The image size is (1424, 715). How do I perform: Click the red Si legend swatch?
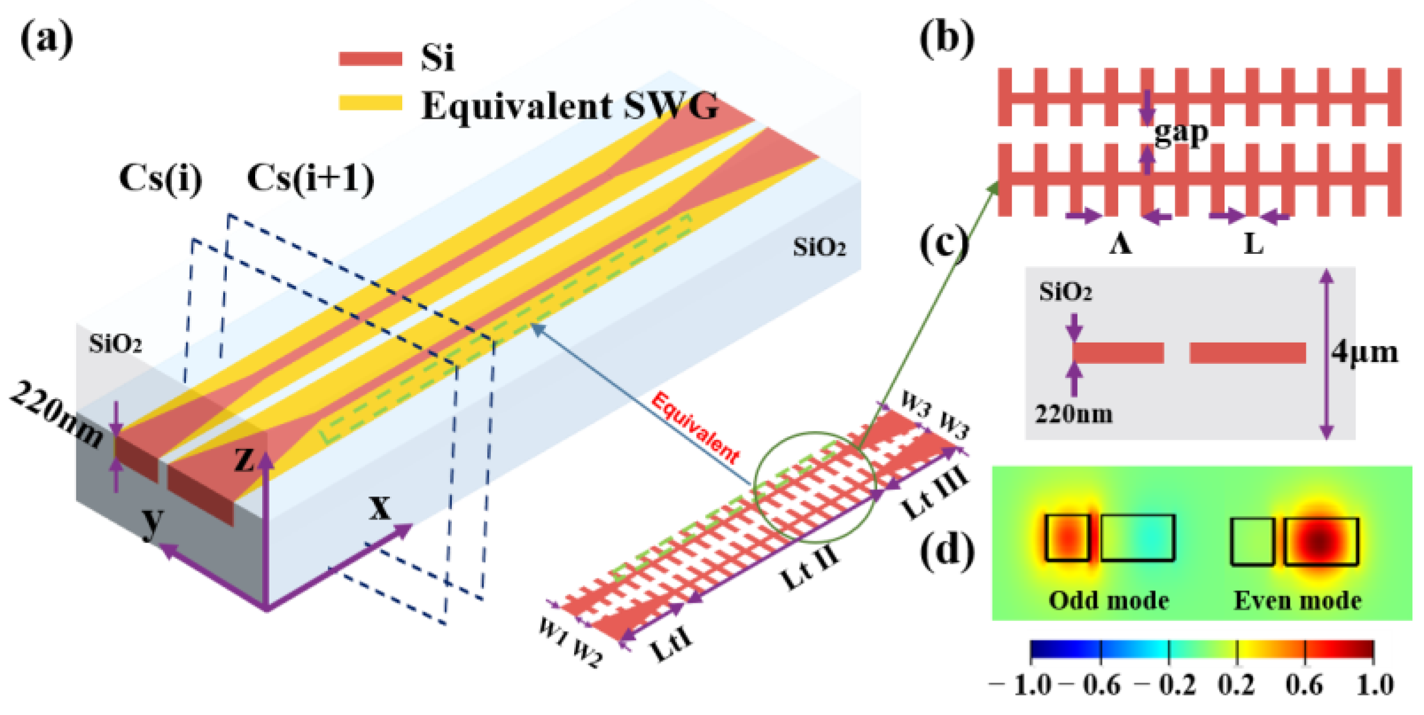370,58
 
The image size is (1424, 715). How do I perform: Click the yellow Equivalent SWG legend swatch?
370,103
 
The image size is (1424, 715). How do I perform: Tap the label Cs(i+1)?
311,178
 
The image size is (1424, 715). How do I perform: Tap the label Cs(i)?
161,178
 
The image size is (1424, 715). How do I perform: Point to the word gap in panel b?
1181,133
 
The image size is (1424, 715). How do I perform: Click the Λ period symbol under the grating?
1120,243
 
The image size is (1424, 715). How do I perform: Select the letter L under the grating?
1253,243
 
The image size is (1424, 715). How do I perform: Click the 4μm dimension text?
1364,352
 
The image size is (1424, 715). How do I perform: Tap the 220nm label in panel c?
1074,414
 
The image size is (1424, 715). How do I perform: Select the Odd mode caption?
1109,600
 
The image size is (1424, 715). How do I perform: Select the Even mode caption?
1298,600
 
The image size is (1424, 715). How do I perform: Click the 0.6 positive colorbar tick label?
1304,685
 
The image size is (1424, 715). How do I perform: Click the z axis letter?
244,459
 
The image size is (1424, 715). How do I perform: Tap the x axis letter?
379,507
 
